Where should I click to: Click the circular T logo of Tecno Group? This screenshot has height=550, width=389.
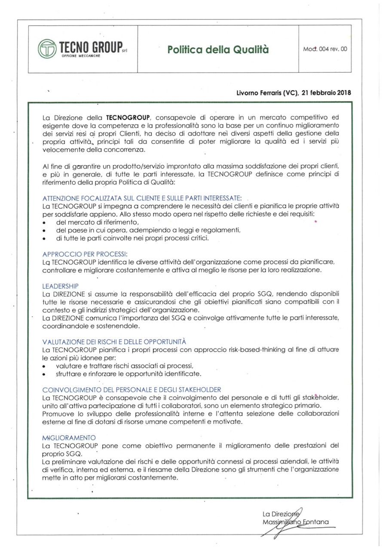46,49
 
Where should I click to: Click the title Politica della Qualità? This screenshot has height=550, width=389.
218,49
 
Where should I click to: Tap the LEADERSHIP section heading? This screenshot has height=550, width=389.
61,286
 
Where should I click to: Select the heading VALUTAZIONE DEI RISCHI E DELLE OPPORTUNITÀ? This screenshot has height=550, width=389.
114,342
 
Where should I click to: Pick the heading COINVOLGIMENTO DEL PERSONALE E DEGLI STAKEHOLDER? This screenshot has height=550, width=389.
132,389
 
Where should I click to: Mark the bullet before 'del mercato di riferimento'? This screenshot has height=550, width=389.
45,222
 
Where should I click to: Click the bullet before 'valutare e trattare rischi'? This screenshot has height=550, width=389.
45,366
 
